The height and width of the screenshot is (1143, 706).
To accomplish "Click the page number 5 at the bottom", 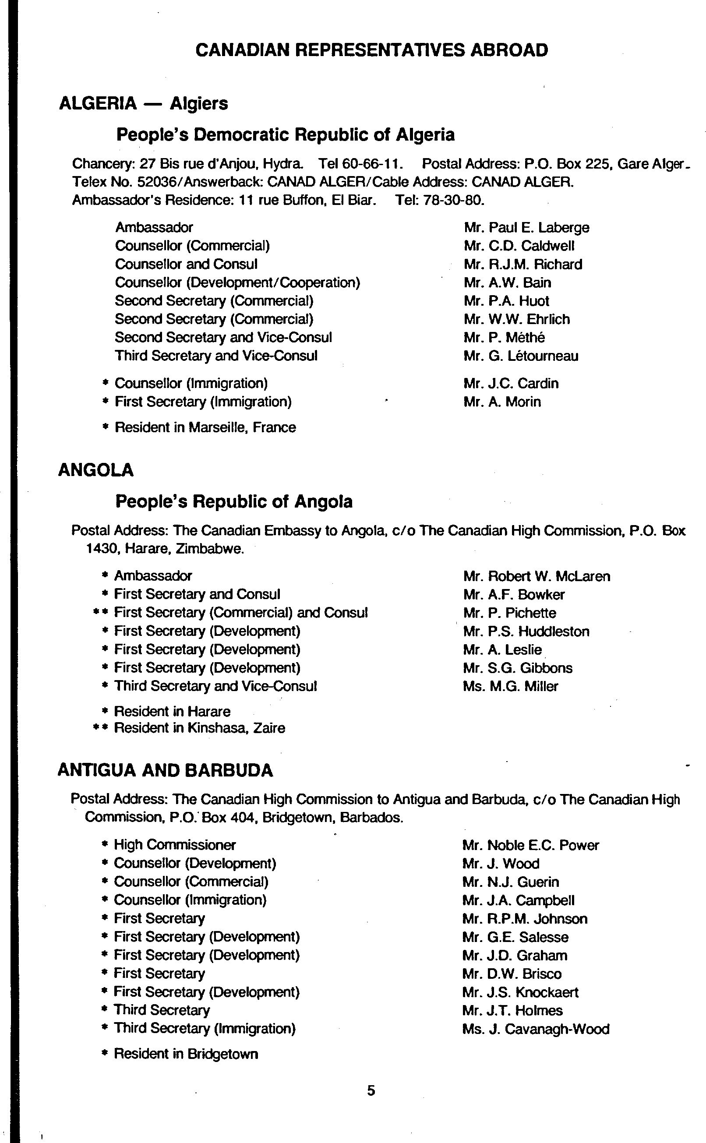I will pos(371,1090).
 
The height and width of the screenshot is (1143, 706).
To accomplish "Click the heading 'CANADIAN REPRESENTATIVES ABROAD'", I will pos(372,50).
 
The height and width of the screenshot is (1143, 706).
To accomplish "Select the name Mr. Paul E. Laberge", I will pos(526,227).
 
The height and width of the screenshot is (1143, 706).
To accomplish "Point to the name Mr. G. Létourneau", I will pos(521,356).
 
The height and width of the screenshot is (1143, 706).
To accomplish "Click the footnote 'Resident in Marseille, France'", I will pos(205,427).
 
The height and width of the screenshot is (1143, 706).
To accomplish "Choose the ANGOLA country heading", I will pos(96,470).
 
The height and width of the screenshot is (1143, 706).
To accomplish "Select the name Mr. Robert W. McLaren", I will pos(537,576).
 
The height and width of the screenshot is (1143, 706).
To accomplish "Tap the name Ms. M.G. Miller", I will pos(510,686).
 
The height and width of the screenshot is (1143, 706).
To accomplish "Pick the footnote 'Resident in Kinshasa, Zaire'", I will pos(199,728).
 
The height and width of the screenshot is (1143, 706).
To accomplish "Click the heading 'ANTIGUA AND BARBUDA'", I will pos(165,770).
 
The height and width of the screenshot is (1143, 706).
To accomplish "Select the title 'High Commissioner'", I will pos(175,845).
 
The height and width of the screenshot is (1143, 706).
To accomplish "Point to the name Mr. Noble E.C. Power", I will pos(530,845).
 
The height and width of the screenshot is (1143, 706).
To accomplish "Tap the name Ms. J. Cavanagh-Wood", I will pos(536,1029).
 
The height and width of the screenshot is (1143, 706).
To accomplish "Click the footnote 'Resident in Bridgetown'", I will pos(186,1054).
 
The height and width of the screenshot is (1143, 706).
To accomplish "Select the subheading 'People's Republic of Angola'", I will pos(234,501).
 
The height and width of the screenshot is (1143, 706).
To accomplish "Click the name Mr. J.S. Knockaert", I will pos(520,992).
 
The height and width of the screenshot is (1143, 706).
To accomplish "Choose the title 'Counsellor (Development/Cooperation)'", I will pos(237,282).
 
